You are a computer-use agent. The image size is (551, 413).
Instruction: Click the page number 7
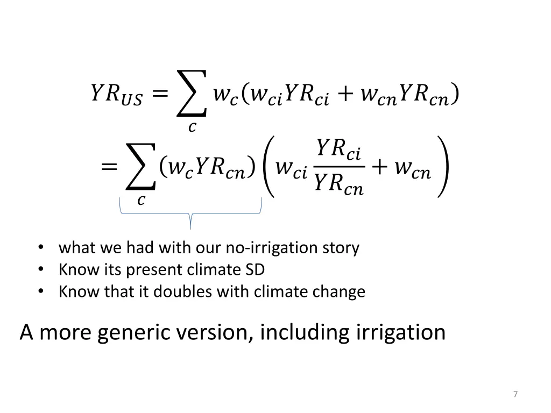coord(515,394)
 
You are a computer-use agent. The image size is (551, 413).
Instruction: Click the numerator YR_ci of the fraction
coord(338,149)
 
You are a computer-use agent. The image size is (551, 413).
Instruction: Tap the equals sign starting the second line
coord(109,168)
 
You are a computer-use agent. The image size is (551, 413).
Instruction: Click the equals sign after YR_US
coord(159,95)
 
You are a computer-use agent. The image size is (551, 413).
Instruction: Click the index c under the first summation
coord(191,127)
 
